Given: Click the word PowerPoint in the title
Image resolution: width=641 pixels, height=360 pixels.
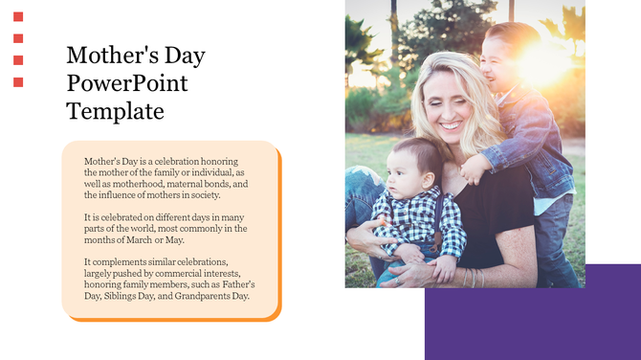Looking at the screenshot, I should point(127,83).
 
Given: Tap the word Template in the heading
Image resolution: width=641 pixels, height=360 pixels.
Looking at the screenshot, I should point(115,111).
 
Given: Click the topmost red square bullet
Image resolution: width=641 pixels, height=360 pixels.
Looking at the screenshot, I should point(18,16).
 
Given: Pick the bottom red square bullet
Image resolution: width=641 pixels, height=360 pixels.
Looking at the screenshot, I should point(18,82).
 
